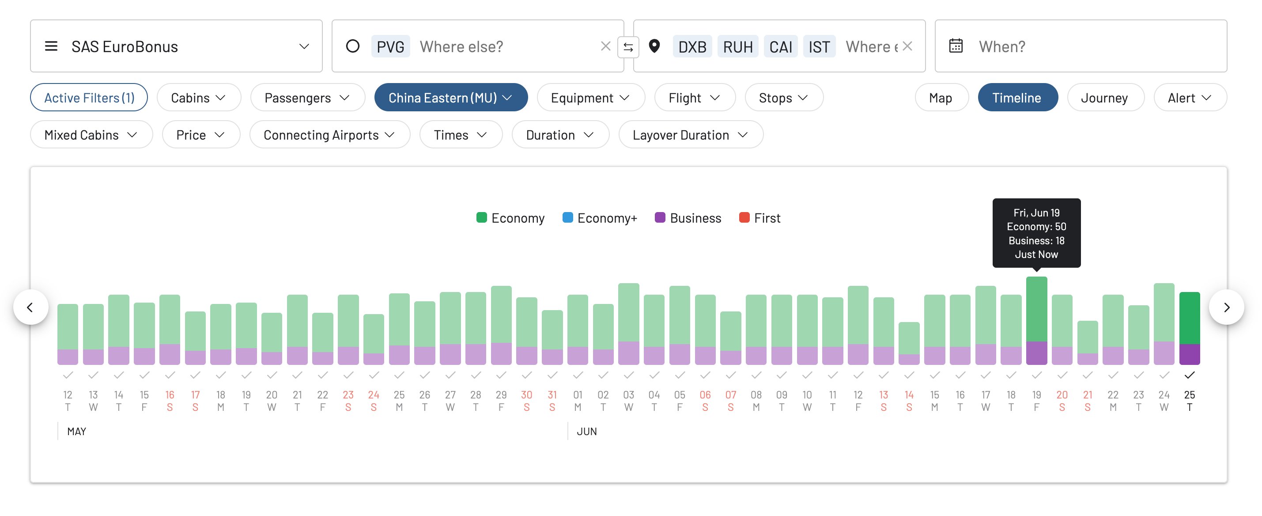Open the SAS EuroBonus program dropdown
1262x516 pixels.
point(176,46)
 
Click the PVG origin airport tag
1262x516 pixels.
point(390,46)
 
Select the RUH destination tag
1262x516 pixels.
point(737,46)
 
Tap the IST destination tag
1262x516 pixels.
point(819,46)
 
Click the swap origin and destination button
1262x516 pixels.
point(628,47)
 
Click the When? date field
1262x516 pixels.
point(1080,46)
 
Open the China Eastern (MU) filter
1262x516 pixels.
point(450,98)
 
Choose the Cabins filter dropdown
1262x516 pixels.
point(198,98)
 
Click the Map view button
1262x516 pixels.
point(941,98)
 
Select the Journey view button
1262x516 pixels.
point(1104,98)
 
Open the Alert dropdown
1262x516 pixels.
point(1189,98)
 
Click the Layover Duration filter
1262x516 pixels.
point(690,135)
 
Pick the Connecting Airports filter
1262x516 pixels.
point(329,135)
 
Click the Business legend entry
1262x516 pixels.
point(688,218)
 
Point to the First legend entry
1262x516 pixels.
point(759,218)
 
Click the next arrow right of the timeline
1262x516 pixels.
point(1226,307)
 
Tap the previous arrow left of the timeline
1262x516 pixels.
point(30,307)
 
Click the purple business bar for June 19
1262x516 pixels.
point(1036,353)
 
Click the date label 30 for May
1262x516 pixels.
point(526,395)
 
